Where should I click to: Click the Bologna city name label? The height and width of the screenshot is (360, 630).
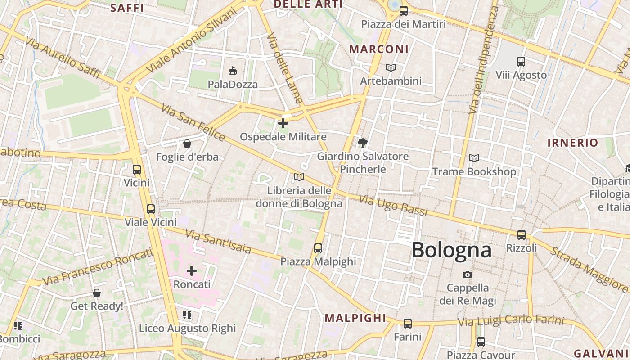coord(451,250)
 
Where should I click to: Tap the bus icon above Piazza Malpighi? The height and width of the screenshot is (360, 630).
coord(318,248)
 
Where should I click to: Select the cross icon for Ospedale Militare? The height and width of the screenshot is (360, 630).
coord(283,123)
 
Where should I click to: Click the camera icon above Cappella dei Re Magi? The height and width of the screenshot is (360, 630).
coord(468,274)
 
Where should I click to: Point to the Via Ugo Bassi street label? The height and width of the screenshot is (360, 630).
coord(393,205)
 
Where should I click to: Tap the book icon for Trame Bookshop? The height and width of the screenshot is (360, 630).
coord(474,158)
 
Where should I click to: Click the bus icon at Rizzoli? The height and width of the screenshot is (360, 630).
coord(522,234)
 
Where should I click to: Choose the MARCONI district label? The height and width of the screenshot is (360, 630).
coord(379,49)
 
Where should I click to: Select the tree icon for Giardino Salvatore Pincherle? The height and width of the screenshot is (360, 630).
coord(362,143)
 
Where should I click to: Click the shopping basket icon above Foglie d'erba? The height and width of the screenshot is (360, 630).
coord(187,144)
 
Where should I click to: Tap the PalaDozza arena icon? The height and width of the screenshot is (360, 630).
coord(233,71)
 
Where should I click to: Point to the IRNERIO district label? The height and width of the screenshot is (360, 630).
coord(572,143)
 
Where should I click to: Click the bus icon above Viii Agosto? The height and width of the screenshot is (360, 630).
coord(521,61)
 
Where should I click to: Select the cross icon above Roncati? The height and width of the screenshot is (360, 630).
coord(192,271)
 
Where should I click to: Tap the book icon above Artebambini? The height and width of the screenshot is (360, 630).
coord(391,67)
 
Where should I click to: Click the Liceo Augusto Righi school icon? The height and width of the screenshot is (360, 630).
coord(187,315)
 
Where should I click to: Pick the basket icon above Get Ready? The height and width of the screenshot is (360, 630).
coord(97,293)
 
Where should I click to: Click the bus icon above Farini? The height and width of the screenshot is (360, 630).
coord(408,323)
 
